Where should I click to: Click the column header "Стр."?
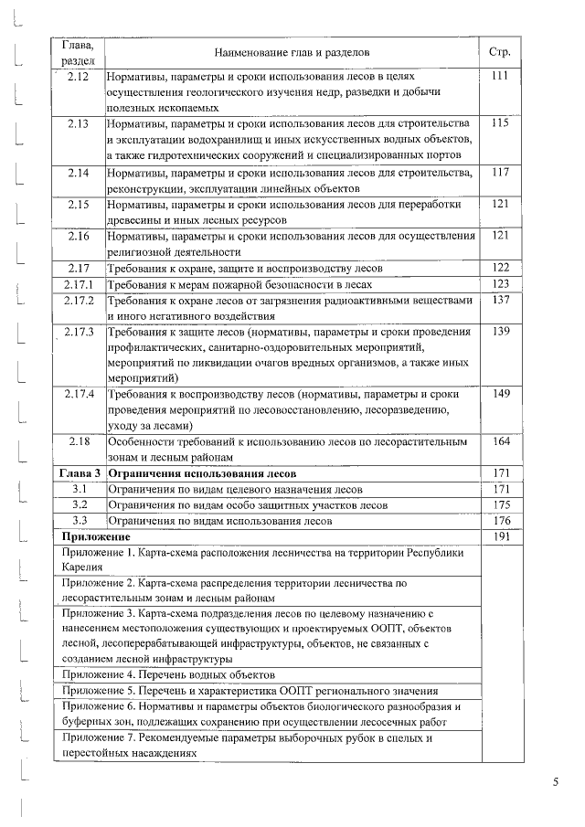[499, 52]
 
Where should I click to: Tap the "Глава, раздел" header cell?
[78, 52]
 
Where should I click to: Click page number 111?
[499, 77]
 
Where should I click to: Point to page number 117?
[499, 172]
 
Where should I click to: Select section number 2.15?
[78, 204]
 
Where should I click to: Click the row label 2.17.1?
[78, 284]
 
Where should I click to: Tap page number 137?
[499, 301]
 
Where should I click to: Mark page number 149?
[499, 395]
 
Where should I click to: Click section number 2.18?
[78, 442]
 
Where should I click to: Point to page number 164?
[499, 442]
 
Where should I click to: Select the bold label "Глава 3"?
[78, 474]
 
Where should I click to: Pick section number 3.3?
[78, 521]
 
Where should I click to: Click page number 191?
[499, 537]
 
